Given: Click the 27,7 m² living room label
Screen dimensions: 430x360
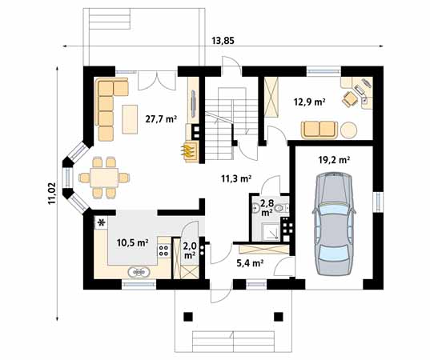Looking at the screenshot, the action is (x=161, y=119).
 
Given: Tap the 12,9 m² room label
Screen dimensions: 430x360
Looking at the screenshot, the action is (x=310, y=102).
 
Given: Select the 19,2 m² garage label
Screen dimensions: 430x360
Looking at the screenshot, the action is (x=334, y=160).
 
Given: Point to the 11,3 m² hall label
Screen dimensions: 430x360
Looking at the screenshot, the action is (x=236, y=178).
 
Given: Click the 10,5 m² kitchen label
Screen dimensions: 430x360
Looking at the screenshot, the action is (x=132, y=242).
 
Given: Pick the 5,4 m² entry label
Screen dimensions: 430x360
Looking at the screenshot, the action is (x=250, y=263).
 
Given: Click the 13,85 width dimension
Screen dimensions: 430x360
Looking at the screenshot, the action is (x=223, y=41).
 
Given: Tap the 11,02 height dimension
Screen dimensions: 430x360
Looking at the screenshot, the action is (x=52, y=193).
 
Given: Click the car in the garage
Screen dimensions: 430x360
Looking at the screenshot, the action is (x=334, y=223).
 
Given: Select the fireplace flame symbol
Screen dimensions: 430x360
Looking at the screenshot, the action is (x=187, y=150).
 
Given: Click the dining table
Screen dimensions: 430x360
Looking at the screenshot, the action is (x=104, y=178).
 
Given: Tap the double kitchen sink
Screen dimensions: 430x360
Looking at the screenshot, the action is (x=139, y=272).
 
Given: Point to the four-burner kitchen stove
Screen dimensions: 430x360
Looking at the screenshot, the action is (x=163, y=250).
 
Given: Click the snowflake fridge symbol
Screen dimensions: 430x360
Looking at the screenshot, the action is (x=102, y=222).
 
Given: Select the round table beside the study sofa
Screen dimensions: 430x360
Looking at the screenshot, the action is (x=349, y=130).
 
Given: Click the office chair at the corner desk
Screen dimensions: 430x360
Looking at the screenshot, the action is (x=350, y=99).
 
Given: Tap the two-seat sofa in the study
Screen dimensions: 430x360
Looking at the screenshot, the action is (x=319, y=130).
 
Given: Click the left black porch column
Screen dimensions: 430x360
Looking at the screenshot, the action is (x=188, y=317).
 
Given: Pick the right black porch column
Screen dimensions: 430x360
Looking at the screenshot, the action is (x=279, y=317).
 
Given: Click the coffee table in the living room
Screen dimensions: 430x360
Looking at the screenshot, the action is (x=130, y=119).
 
